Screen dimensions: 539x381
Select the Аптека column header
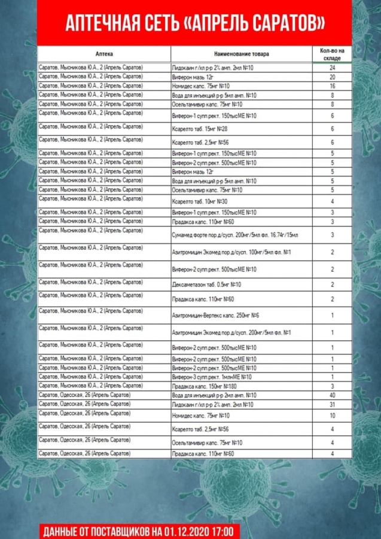[104, 54]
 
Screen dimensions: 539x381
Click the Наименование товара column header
[242, 54]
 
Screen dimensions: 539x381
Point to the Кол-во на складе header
[332, 54]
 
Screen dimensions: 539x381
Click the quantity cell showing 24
[332, 68]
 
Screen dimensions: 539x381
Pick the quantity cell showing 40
[332, 395]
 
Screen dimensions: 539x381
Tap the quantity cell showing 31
[332, 405]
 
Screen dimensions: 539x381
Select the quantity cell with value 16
[332, 86]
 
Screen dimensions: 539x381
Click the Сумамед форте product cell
[234, 235]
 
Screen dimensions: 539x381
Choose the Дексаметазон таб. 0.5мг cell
[206, 284]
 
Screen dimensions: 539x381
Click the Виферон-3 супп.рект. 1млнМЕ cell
[212, 377]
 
